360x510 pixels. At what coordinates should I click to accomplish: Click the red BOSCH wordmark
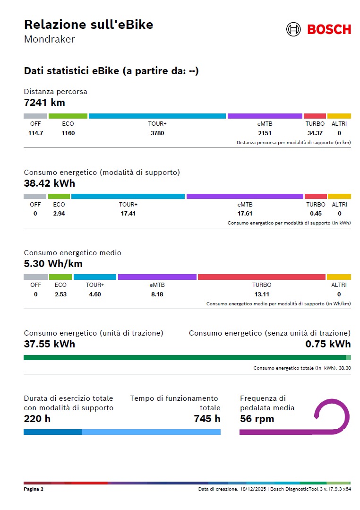[329, 29]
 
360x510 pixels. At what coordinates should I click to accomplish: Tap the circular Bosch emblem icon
[293, 29]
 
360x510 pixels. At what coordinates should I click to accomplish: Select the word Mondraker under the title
[49, 39]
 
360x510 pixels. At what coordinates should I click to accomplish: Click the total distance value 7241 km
[44, 102]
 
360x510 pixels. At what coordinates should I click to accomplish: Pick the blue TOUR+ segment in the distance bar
[157, 116]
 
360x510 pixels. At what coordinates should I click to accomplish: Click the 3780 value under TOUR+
[157, 133]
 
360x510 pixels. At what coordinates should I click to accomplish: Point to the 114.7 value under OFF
[35, 133]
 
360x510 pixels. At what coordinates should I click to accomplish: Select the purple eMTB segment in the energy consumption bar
[245, 196]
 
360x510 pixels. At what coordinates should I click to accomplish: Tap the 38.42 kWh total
[49, 183]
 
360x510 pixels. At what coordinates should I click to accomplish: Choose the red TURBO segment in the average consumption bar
[262, 277]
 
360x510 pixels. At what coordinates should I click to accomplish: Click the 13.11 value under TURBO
[262, 294]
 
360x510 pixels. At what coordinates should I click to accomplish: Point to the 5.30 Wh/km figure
[53, 264]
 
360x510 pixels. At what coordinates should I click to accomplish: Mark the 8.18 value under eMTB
[157, 294]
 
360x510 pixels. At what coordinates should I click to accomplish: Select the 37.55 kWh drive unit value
[49, 344]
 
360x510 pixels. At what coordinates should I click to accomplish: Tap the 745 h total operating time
[207, 419]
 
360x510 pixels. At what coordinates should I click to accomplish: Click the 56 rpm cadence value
[257, 419]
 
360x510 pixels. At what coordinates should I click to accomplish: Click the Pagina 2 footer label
[34, 489]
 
